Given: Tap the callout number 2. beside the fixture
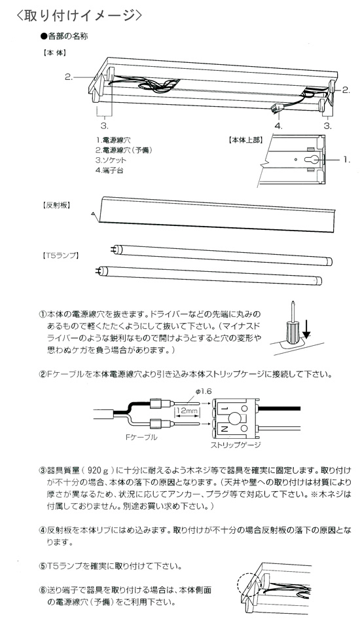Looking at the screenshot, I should [x=69, y=77].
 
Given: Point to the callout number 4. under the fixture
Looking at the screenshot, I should [x=278, y=124].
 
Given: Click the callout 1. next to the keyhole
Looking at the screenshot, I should [x=347, y=159].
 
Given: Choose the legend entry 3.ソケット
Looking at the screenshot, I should [x=111, y=159].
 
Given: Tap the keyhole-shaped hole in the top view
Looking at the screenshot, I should [x=312, y=159].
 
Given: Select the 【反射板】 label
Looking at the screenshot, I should [x=57, y=205].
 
